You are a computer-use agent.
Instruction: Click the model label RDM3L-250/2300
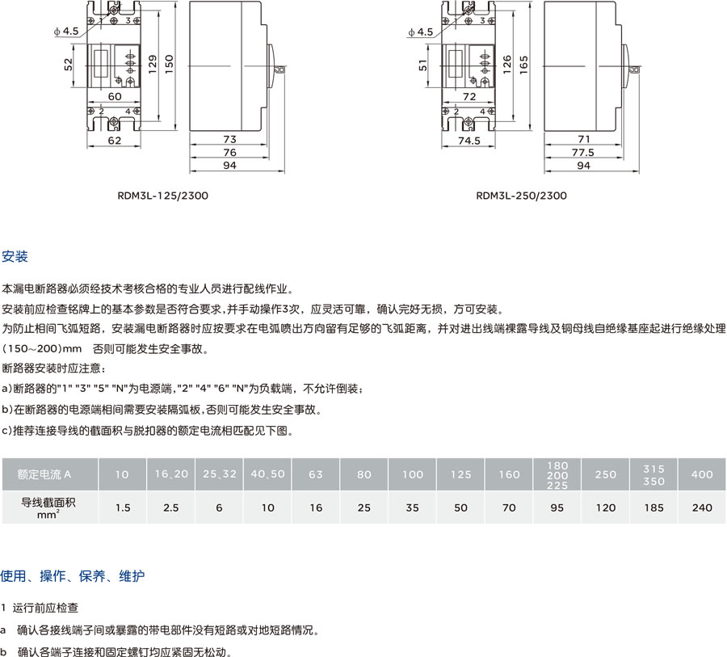pos(521,196)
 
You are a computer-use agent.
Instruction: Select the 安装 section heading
pos(15,257)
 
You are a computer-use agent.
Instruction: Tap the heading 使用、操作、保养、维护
pos(74,576)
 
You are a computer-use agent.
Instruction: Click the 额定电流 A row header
pos(49,474)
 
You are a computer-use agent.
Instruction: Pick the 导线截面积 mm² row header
pos(49,507)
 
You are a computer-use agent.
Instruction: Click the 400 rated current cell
pos(702,474)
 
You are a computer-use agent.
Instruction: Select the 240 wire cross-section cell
pos(702,507)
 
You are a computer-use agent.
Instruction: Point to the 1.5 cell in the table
pos(123,507)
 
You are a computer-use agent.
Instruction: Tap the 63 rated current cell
pos(316,474)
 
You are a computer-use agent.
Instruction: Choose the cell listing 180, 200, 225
pos(557,474)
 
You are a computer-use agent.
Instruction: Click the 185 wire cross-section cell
pos(654,507)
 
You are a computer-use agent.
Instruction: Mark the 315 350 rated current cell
pos(654,474)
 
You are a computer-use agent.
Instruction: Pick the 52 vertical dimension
pos(69,63)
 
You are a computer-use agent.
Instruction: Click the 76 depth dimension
pos(229,152)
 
